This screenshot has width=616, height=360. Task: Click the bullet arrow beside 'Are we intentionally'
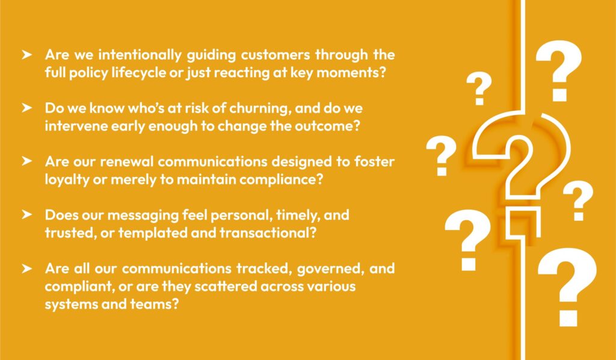click(26, 54)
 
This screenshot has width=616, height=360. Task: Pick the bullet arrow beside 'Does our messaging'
click(26, 215)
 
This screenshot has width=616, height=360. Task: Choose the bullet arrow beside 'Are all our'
click(26, 268)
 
